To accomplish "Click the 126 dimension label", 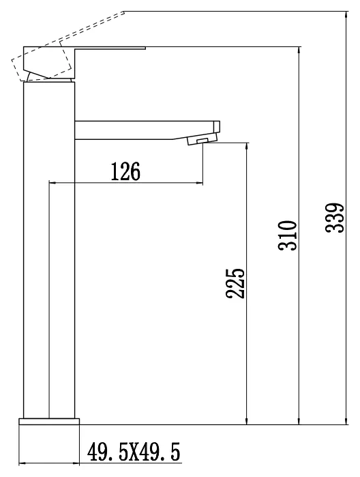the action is pos(125,171).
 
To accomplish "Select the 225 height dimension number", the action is pos(235,283).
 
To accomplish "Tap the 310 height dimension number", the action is pos(287,235).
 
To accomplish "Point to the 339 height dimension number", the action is pos(335,218).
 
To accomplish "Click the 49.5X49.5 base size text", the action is pos(134,452).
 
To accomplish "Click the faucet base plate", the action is pos(49,421).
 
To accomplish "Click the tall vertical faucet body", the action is pos(49,250).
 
